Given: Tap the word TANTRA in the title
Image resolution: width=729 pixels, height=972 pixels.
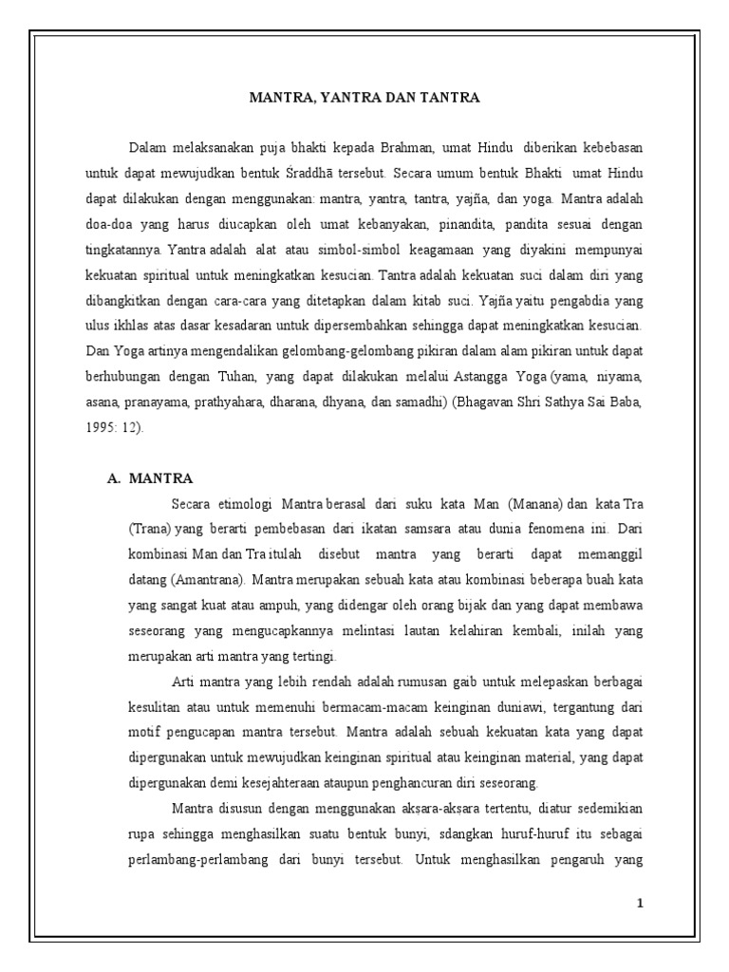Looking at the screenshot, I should [447, 98].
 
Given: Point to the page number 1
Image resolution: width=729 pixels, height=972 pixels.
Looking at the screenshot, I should [641, 903].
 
